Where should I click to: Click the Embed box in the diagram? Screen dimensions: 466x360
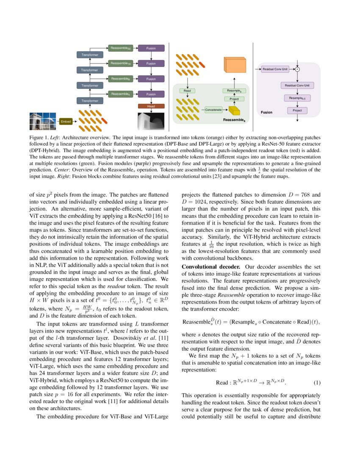[66, 122]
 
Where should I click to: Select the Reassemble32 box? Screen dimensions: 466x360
[120, 48]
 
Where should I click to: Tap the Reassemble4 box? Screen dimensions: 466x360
[120, 94]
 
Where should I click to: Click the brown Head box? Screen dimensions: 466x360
[151, 106]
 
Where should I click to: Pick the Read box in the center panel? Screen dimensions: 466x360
[187, 90]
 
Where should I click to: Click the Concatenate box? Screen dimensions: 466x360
[213, 110]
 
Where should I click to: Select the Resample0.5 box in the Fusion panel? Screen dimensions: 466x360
[297, 98]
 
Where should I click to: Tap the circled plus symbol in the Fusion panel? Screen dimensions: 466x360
[297, 69]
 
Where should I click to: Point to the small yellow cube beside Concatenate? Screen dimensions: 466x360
[234, 111]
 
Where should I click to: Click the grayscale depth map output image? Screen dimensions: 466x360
[151, 120]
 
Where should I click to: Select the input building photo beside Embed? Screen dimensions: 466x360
[42, 121]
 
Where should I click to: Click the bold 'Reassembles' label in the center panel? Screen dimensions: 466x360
[234, 120]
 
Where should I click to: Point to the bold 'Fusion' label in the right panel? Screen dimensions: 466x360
[266, 112]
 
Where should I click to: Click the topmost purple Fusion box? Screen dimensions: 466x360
[151, 48]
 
